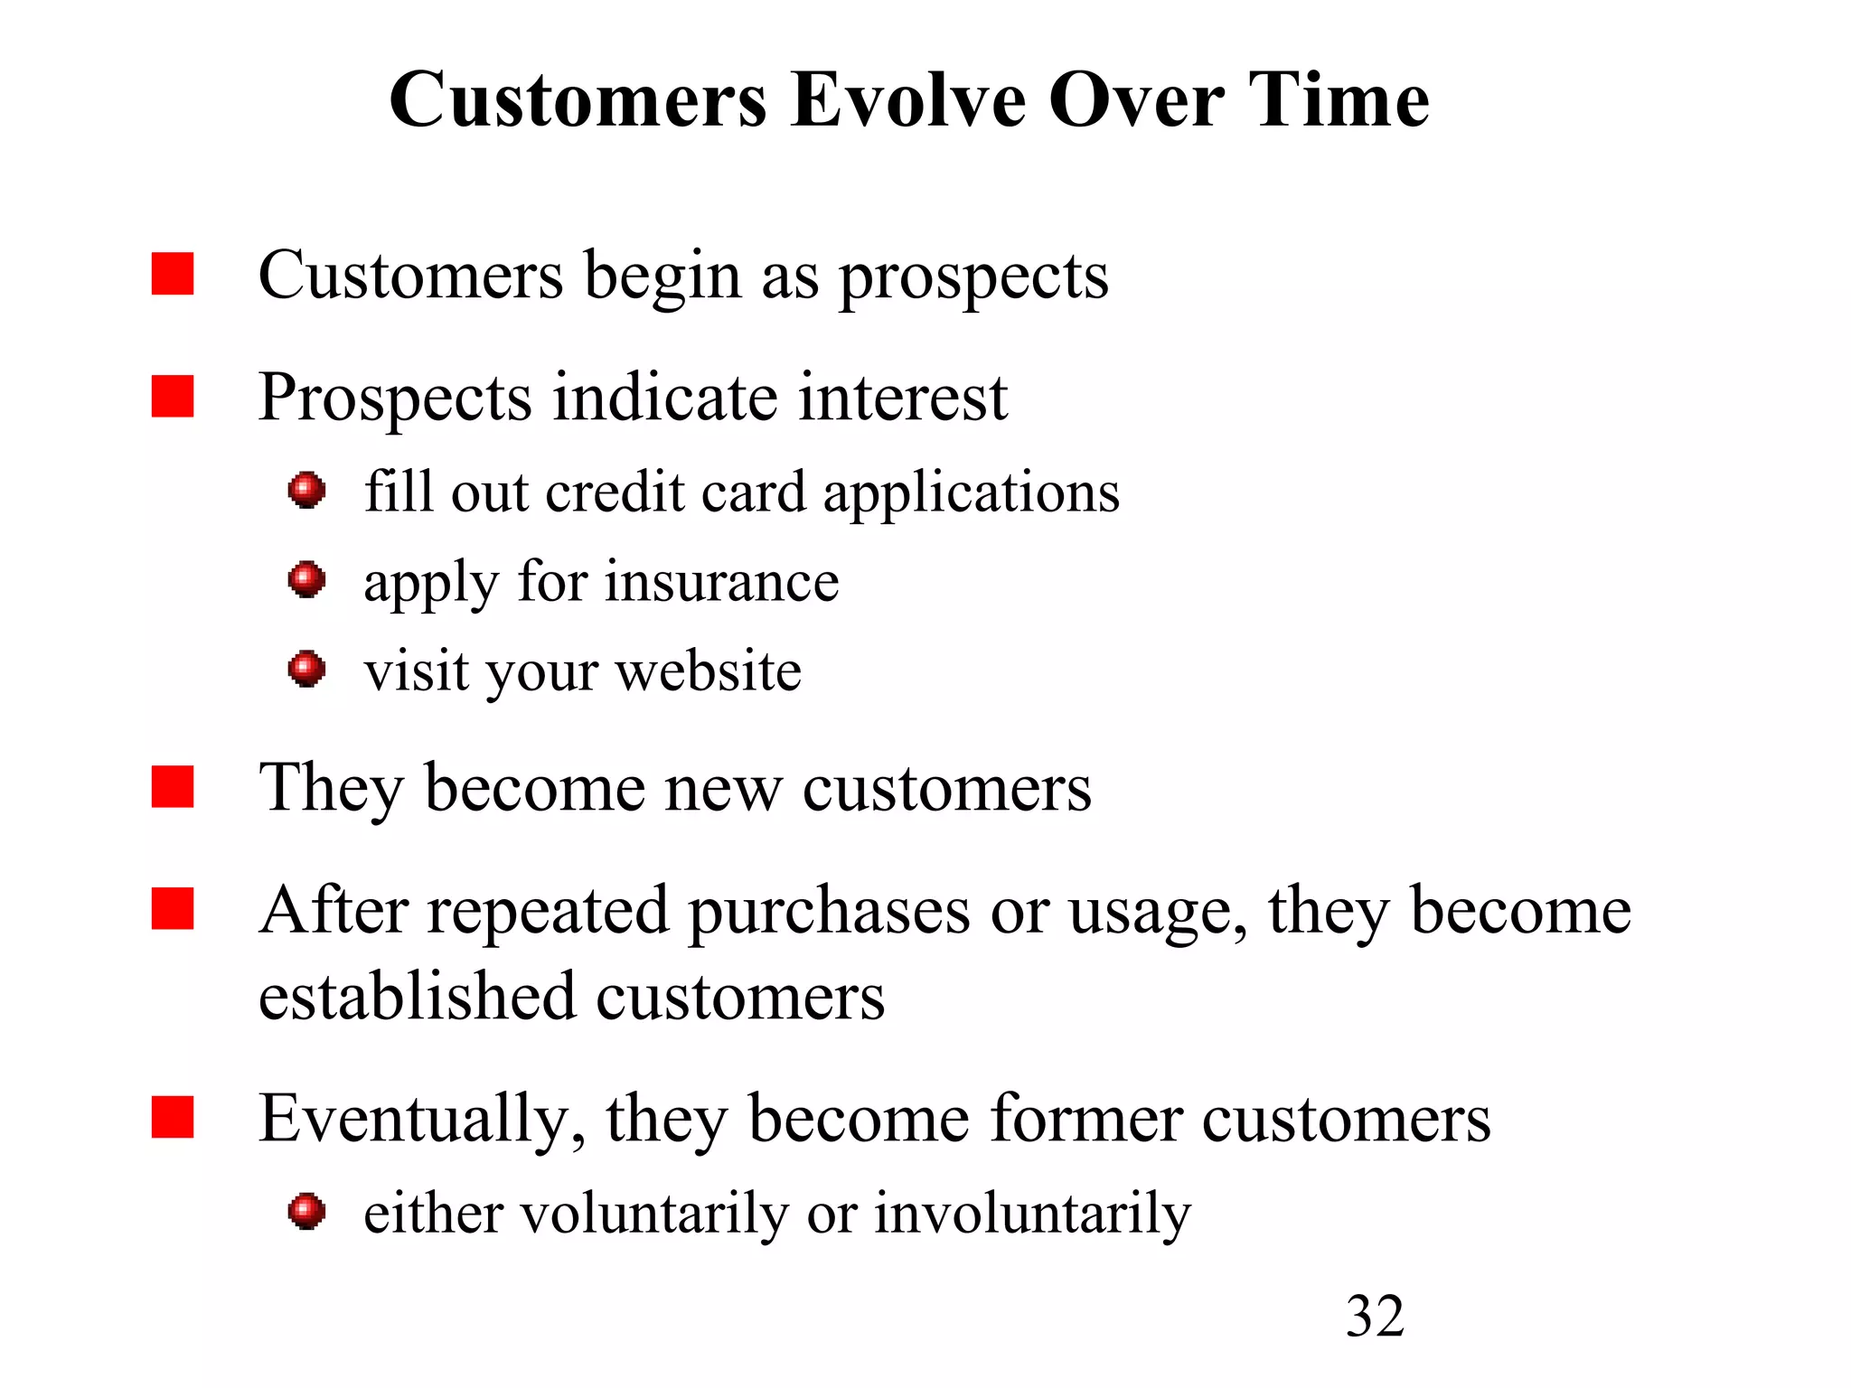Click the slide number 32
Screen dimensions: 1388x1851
[x=1375, y=1316]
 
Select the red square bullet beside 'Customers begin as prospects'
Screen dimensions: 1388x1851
[x=173, y=274]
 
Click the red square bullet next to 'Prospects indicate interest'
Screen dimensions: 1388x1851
[x=173, y=397]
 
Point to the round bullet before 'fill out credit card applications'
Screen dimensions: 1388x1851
[x=306, y=491]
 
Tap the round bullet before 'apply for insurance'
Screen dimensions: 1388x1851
[x=306, y=579]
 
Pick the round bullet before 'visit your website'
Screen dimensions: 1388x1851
[x=306, y=669]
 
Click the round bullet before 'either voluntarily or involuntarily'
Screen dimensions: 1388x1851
[x=306, y=1211]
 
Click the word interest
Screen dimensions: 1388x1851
[x=903, y=398]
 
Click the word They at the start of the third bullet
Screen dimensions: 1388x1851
[x=331, y=789]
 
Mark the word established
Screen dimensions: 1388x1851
[x=417, y=997]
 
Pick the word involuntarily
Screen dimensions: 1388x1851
[x=1032, y=1213]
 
